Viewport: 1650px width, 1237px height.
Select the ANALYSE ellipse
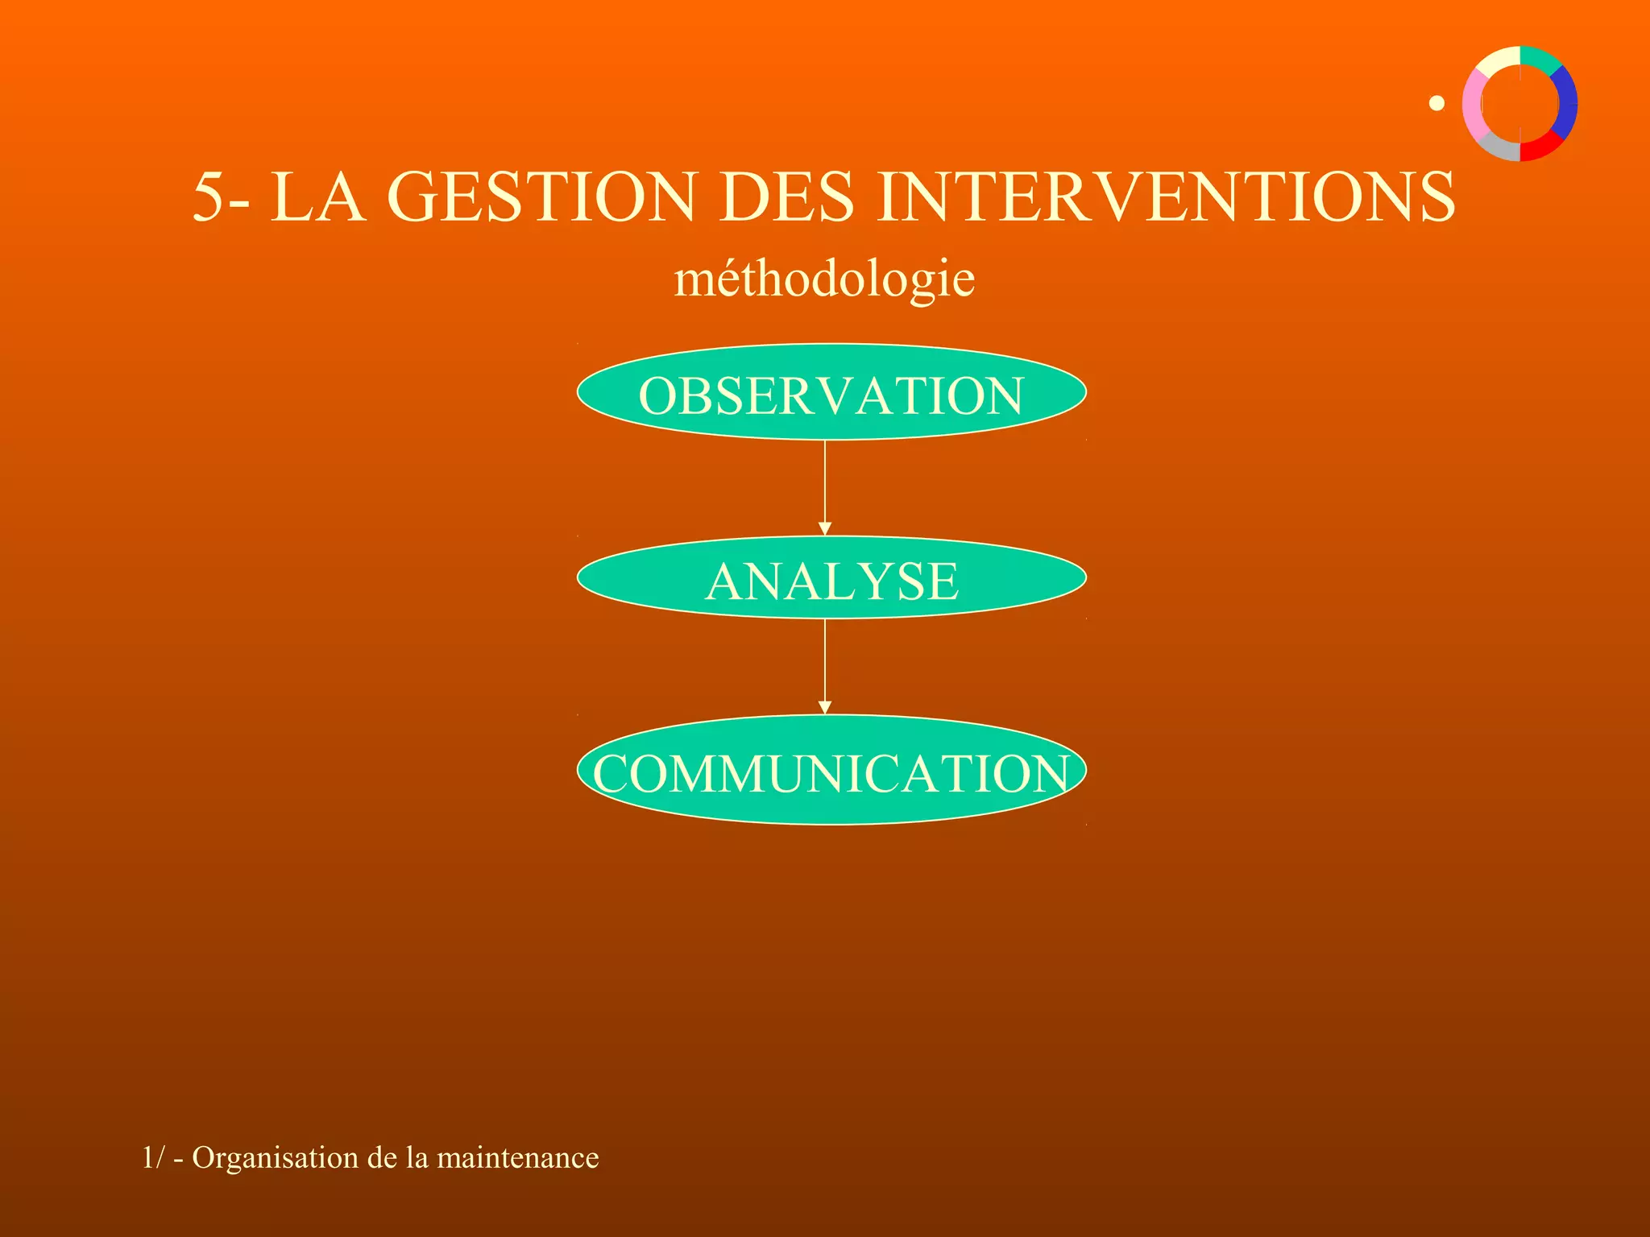coord(831,577)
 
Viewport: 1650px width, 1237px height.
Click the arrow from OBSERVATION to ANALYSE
coord(824,487)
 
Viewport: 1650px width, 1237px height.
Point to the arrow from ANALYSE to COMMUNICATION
coord(824,666)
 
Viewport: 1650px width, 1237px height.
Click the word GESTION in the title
coord(541,197)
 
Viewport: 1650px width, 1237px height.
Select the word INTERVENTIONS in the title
coord(1167,197)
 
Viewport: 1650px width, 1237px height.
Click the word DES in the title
coord(786,197)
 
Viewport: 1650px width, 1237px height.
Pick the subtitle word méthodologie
coord(824,279)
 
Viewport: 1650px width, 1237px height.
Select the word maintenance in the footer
coord(518,1158)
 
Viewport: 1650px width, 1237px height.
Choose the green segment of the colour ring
coord(1540,58)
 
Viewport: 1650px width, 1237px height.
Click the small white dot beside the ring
coord(1436,103)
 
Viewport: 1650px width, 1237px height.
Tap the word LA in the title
coord(317,197)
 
